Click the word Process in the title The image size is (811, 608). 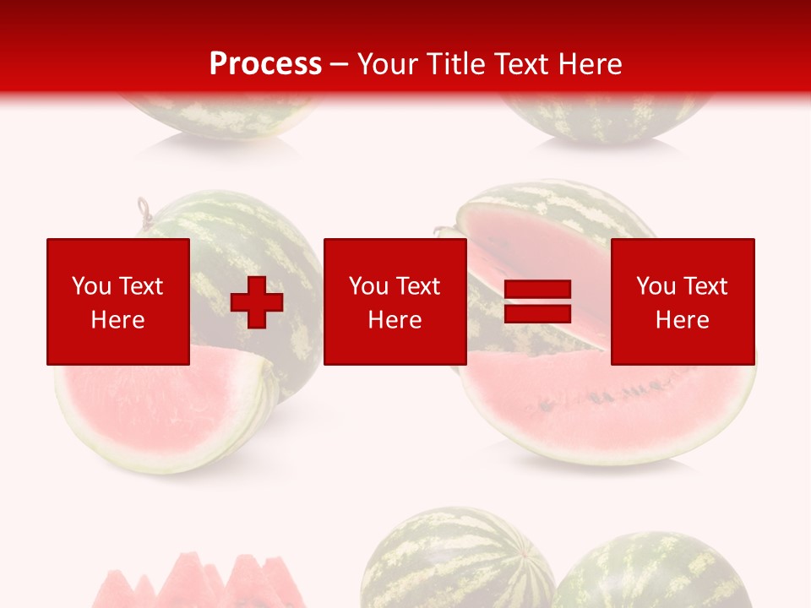click(265, 64)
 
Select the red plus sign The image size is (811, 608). click(257, 301)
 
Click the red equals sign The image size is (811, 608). click(537, 301)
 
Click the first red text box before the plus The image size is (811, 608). click(118, 301)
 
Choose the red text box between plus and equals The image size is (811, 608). click(395, 301)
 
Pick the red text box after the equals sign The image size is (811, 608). click(683, 301)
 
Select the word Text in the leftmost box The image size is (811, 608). click(140, 286)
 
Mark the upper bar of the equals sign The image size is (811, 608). click(537, 290)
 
